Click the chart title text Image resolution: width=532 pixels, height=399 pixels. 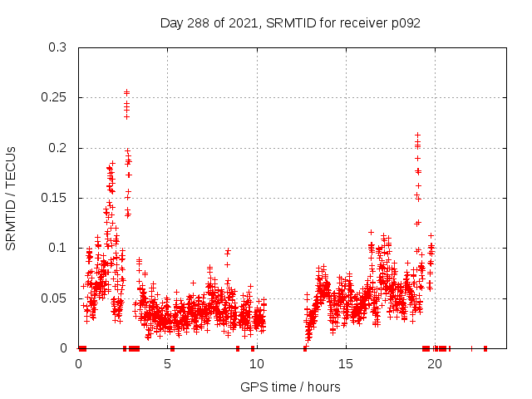pos(290,23)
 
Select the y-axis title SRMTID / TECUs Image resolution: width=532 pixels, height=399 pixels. pos(12,198)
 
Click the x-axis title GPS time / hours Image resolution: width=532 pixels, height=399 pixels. pos(290,387)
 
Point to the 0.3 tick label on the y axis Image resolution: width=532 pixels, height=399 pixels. pos(57,47)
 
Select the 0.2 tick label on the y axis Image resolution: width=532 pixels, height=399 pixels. pos(57,148)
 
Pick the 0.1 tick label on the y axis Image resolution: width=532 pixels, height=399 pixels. pos(57,248)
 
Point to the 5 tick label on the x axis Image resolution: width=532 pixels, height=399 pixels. pos(167,363)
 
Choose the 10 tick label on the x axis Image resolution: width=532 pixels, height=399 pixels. pos(256,363)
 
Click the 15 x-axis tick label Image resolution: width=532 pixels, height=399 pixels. pos(345,363)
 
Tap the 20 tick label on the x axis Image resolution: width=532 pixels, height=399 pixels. pos(434,363)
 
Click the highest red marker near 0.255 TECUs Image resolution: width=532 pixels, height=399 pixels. pos(126,92)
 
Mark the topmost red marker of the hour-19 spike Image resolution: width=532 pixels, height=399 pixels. pos(417,135)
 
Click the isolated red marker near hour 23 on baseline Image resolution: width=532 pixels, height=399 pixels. pos(485,348)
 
